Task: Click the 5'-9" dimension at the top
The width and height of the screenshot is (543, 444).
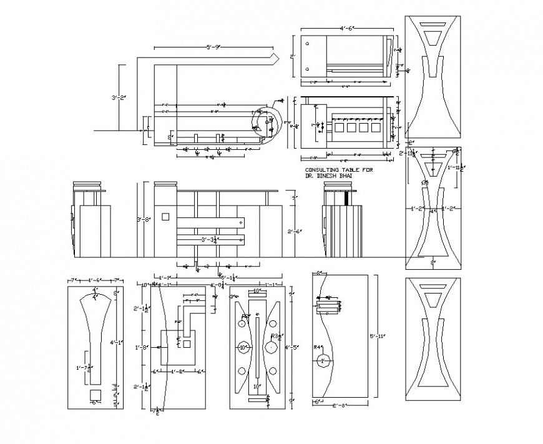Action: tap(214, 47)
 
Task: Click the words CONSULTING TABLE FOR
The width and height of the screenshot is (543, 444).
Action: tap(330, 170)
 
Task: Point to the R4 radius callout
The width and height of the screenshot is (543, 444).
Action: tap(317, 347)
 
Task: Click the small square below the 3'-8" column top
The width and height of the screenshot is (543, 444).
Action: tap(165, 217)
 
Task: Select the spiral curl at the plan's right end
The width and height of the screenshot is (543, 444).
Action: tap(266, 122)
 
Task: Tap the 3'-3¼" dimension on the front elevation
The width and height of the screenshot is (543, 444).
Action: tap(210, 239)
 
